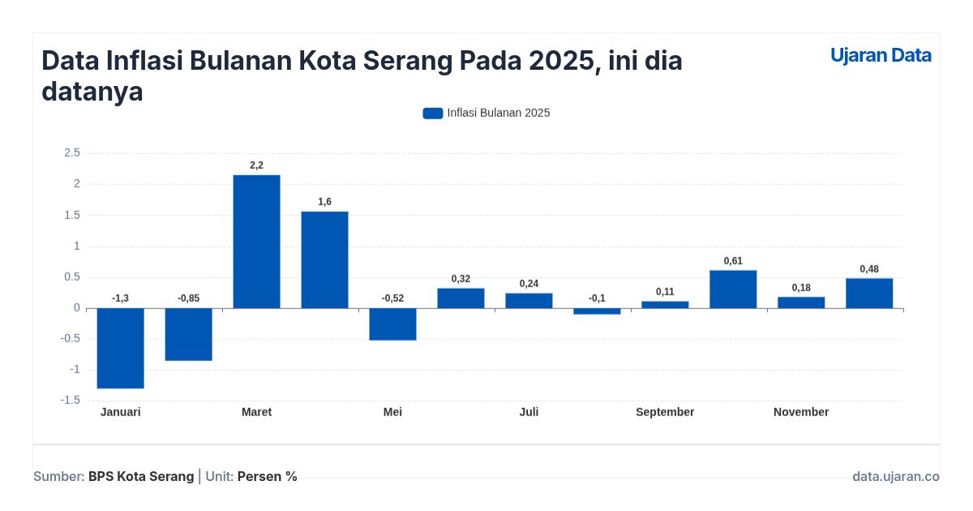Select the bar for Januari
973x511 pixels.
coord(120,348)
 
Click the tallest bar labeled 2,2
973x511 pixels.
coord(256,242)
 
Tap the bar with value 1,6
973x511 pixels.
coord(324,260)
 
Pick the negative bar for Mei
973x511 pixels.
coord(392,324)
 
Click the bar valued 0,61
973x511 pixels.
coord(733,289)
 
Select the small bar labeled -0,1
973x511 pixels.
coord(597,311)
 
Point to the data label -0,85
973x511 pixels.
coord(188,298)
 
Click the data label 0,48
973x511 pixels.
coord(869,269)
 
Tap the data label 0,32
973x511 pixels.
coord(461,279)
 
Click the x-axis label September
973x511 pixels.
coord(665,412)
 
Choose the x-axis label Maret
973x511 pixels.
coord(256,412)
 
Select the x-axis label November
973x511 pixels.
coord(801,412)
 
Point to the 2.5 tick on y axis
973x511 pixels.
coord(71,152)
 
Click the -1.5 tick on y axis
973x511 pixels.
coord(71,401)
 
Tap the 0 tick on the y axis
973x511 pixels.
coord(77,308)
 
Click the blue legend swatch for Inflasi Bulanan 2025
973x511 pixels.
coord(433,114)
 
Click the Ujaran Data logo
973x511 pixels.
coord(881,55)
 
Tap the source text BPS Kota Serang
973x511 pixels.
coord(141,477)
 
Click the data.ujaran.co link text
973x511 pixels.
coord(895,477)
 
